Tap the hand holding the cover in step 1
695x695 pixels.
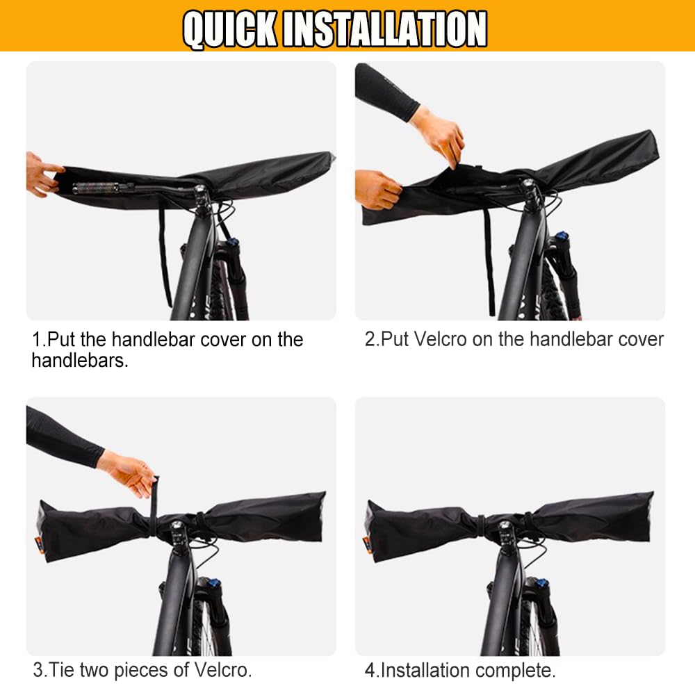42,174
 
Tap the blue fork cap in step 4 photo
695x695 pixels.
539,582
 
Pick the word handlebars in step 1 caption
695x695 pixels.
80,361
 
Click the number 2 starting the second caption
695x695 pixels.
369,339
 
